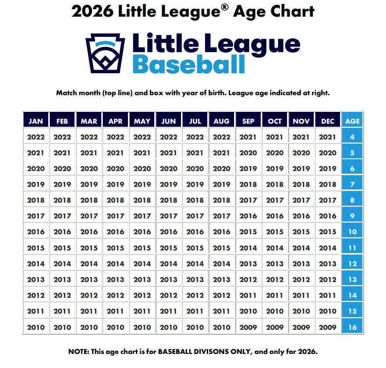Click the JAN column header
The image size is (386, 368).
coord(35,121)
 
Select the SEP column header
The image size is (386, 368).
coord(248,121)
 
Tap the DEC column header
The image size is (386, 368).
coord(328,121)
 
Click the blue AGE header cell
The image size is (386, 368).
coord(352,121)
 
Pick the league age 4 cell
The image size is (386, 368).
coord(352,137)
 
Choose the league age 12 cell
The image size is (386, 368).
coord(352,264)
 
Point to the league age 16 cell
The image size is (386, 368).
coord(352,327)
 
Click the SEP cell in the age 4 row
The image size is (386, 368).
coord(248,137)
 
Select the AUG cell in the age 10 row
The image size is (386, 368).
coord(221,232)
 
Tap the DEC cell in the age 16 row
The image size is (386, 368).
coord(328,327)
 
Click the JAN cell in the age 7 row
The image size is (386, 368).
coord(35,185)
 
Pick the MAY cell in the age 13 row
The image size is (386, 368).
coord(142,279)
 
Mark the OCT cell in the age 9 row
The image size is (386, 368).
coord(275,216)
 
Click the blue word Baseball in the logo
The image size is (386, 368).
coord(188,64)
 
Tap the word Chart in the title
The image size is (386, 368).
coord(290,11)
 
